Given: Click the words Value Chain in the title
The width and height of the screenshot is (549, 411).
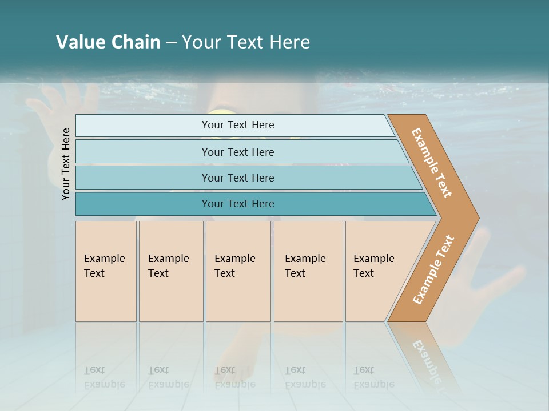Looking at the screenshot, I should [108, 42].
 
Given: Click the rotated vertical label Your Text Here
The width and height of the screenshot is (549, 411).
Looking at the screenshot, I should [66, 164].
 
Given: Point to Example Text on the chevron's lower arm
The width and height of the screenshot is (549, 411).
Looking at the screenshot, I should [433, 270].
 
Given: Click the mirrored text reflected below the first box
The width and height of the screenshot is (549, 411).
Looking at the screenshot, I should [104, 377].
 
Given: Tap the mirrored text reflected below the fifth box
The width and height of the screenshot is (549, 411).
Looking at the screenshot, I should [373, 377].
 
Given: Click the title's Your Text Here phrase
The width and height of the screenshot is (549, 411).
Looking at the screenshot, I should [246, 42].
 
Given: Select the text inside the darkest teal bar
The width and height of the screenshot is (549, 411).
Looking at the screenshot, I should [238, 204].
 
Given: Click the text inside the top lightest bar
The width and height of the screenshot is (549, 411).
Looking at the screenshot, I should [238, 125].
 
